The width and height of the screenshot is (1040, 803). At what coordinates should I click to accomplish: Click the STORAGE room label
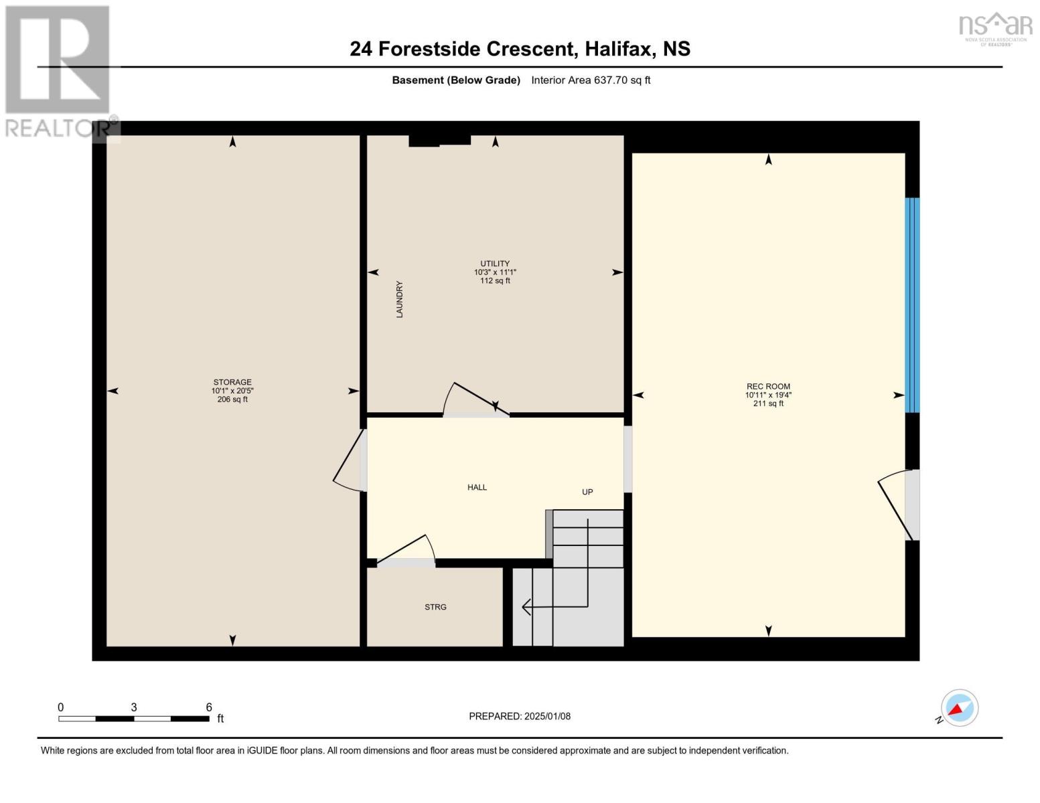coord(232,382)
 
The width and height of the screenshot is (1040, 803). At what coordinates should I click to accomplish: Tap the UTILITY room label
coord(495,264)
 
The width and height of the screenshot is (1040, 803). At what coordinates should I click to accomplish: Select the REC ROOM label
coord(768,386)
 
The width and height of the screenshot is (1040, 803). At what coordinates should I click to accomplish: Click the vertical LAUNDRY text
coord(400,299)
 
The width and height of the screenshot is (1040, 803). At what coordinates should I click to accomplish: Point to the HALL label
coord(477,487)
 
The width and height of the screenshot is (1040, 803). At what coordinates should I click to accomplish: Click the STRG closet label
coord(435,607)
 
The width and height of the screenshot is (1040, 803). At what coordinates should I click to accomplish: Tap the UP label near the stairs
coord(587,492)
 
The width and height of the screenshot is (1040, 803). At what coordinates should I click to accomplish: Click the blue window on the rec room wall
coord(912,304)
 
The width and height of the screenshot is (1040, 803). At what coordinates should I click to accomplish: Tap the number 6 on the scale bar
coord(209,707)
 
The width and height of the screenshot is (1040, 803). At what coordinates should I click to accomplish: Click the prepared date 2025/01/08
coord(547,716)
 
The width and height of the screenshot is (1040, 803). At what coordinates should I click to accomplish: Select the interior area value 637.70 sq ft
coord(622,80)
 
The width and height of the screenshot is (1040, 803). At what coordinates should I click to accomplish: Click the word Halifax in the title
coord(619,49)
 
